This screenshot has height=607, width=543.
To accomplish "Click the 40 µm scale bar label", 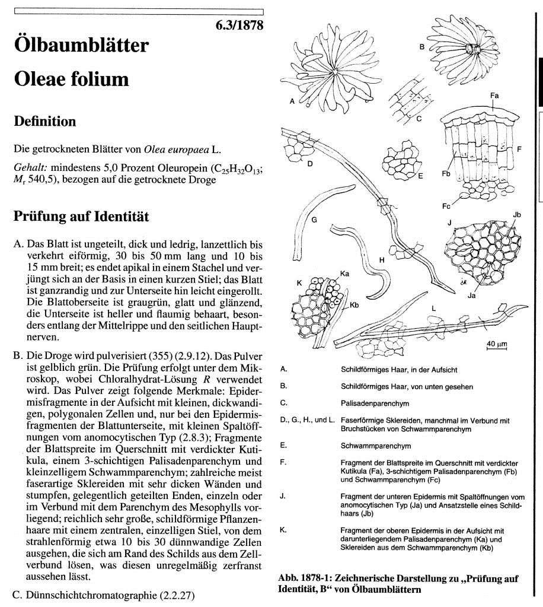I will [495, 344].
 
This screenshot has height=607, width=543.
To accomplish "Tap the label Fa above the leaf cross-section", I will [494, 96].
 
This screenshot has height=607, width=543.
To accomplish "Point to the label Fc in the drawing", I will [446, 206].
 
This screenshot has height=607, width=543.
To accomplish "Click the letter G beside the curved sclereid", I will [315, 220].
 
